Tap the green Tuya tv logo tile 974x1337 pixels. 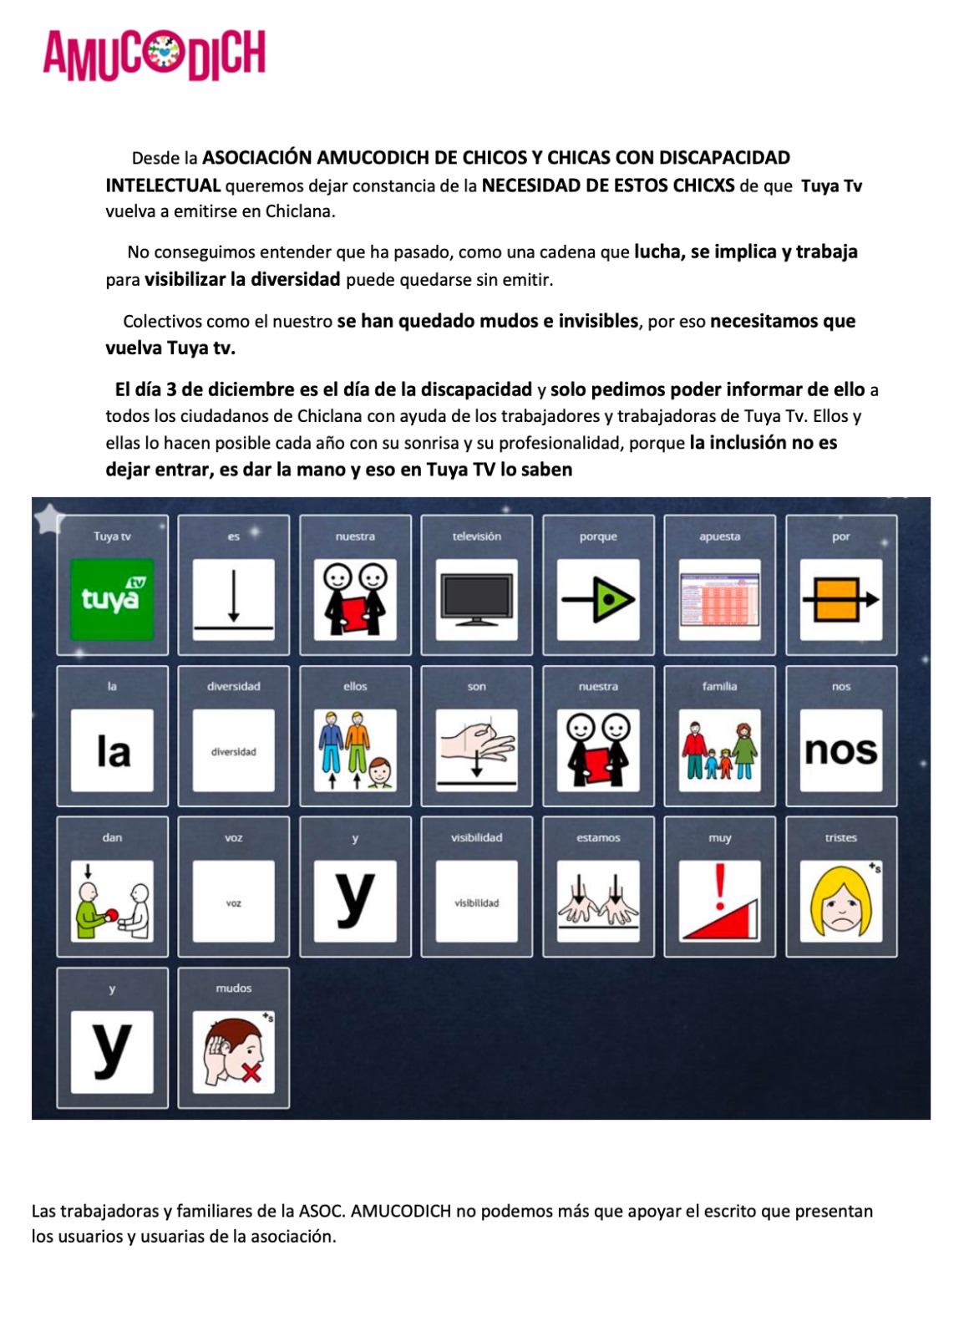[x=112, y=599]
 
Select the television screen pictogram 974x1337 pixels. [x=476, y=599]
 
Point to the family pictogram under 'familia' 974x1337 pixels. [x=719, y=750]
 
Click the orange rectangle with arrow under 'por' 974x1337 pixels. [x=840, y=599]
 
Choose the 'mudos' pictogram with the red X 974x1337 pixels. [x=233, y=1052]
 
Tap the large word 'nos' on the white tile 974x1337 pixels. [x=840, y=750]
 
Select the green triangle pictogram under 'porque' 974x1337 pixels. [x=598, y=599]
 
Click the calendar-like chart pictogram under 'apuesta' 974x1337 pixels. [x=719, y=599]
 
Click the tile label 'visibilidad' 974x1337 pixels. [x=476, y=837]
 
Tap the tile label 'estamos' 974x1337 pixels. [x=598, y=837]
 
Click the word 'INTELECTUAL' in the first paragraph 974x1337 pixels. [x=163, y=186]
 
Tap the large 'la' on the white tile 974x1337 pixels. [x=112, y=750]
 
